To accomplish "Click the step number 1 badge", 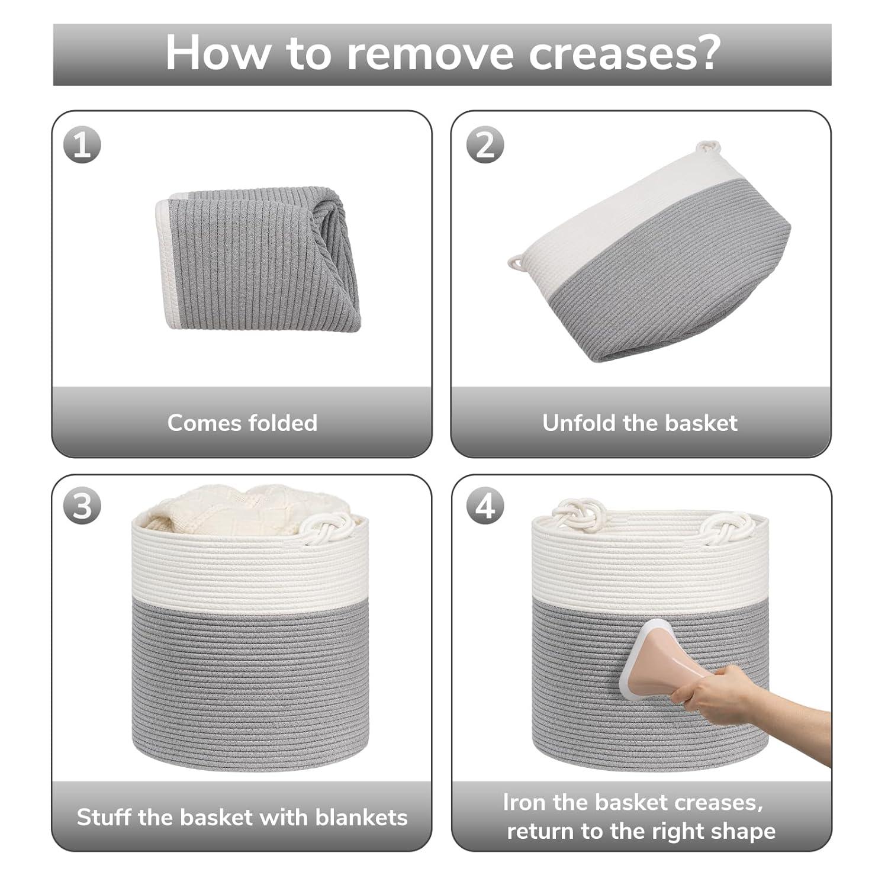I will tap(82, 145).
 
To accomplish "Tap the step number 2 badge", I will tap(485, 145).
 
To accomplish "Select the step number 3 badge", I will tap(82, 507).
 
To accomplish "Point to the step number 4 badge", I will tap(485, 507).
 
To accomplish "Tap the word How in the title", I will tap(216, 54).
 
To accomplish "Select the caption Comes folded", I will tap(242, 423).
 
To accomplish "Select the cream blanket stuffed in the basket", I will tap(237, 506).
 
